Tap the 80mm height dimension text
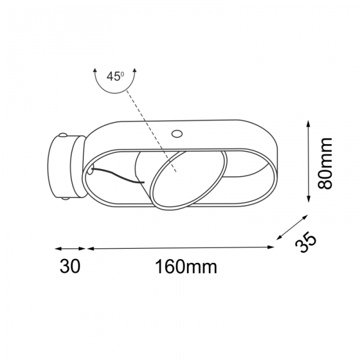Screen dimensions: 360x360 point(325,163)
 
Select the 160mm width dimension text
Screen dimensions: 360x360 point(186,266)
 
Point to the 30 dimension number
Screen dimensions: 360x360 point(70,266)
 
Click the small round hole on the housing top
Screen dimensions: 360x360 point(177,133)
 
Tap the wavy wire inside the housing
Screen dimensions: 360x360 point(118,176)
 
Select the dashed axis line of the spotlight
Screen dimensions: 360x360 point(151,131)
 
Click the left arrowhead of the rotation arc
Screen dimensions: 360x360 point(95,71)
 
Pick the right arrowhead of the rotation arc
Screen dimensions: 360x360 point(135,71)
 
